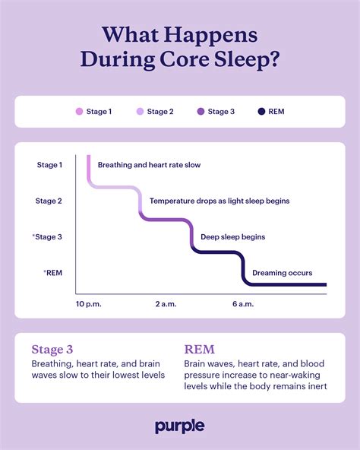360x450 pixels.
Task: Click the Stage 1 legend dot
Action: pos(79,112)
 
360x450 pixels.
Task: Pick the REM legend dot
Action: pos(261,112)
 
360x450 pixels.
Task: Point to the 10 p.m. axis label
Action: pos(88,304)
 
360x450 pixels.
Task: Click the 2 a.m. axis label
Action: pos(166,304)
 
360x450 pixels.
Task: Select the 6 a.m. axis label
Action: pos(243,304)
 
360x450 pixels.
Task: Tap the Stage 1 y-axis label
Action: pos(49,165)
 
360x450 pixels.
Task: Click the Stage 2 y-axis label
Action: pos(49,201)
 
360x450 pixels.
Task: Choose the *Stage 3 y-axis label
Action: pos(47,236)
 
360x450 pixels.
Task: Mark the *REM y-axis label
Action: pos(52,272)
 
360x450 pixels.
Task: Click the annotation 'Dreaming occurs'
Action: pos(282,273)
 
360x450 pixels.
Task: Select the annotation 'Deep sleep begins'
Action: pos(232,237)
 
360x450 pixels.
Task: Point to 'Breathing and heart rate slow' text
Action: pos(150,165)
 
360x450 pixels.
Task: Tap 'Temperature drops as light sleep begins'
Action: pos(219,201)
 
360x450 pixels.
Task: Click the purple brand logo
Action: pos(180,426)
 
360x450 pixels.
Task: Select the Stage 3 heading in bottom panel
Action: pos(52,350)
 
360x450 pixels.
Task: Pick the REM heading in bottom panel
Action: pos(199,350)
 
